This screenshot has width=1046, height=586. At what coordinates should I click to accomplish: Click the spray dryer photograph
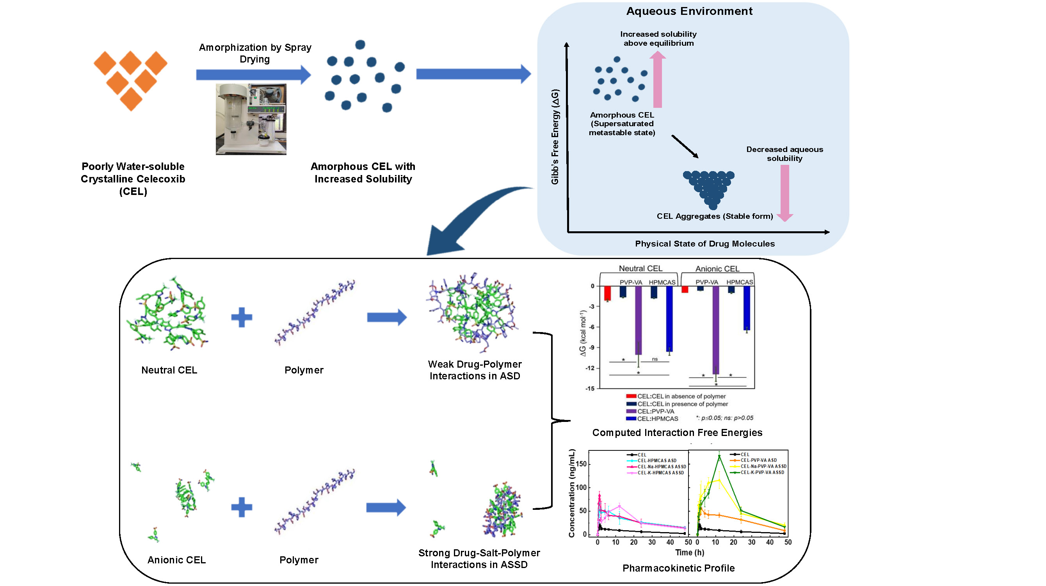tap(251, 119)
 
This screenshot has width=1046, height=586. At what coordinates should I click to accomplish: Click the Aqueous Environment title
tap(689, 11)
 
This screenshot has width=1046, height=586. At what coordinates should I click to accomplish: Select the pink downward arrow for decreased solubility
tap(784, 193)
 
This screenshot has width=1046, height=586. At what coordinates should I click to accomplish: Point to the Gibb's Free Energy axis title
tap(555, 137)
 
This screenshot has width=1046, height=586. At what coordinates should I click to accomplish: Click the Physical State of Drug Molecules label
tap(704, 244)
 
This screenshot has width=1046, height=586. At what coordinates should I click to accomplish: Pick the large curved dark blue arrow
tap(467, 220)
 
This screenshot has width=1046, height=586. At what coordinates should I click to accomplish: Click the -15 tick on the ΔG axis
tap(590, 389)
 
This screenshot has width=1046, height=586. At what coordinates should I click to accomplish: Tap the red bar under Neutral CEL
tap(607, 293)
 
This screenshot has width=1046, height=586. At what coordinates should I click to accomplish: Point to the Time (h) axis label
tap(690, 553)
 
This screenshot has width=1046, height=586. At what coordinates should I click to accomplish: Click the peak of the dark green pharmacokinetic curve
tap(719, 456)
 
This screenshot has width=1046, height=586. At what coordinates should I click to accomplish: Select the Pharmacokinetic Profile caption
tap(678, 568)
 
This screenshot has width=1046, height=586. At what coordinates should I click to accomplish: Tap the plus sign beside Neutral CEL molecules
tap(242, 317)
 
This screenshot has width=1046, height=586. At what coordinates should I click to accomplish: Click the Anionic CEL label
tap(176, 560)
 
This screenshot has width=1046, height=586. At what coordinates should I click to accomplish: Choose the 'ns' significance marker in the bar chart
tap(655, 359)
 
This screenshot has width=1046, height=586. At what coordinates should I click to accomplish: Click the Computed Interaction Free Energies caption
tap(677, 433)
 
